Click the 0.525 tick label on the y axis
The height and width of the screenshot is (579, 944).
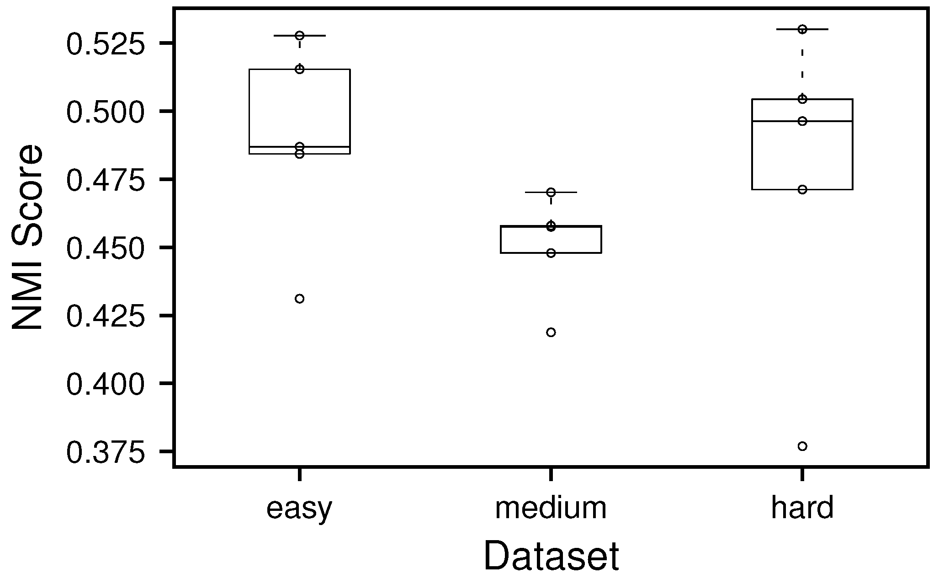coord(105,44)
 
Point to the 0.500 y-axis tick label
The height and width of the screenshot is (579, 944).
coord(105,112)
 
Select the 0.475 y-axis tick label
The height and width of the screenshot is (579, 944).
coord(105,180)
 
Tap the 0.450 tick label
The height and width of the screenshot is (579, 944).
coord(105,248)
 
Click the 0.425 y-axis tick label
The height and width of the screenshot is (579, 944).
coord(105,316)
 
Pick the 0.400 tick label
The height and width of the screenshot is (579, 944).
coord(105,384)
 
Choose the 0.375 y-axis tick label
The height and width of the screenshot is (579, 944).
coord(105,452)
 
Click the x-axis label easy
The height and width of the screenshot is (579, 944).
coord(299,509)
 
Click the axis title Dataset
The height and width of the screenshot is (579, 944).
coord(551,556)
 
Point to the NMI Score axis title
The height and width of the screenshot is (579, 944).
coord(27,237)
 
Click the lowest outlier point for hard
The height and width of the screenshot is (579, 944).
coord(802,446)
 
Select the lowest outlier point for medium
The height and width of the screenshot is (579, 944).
coord(551,332)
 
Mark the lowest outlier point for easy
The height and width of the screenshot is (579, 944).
coord(300,299)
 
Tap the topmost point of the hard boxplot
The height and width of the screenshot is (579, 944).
coord(802,29)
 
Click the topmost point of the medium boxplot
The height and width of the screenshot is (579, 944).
coord(551,192)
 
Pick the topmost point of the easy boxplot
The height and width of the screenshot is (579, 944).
coord(300,35)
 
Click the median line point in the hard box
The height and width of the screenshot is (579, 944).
coord(802,121)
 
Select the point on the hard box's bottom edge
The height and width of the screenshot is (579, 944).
coord(802,189)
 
